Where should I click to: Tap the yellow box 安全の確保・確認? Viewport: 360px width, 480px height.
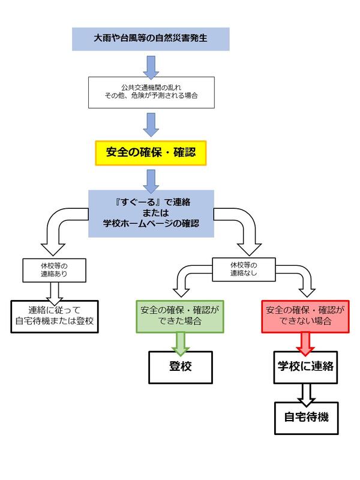(x=151, y=154)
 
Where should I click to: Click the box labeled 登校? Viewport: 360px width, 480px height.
(x=181, y=366)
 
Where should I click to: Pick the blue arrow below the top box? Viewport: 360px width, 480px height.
(x=151, y=64)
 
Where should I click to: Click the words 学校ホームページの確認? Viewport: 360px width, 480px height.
(x=151, y=224)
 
